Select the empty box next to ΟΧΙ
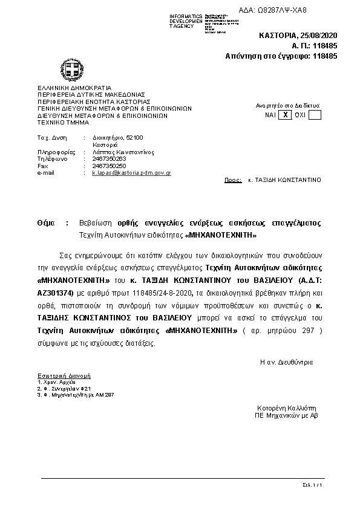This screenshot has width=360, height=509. coord(315,114)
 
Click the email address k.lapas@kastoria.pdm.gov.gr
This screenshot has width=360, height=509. coord(131,172)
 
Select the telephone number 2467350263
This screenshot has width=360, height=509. coord(110,159)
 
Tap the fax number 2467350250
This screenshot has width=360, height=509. coord(110,166)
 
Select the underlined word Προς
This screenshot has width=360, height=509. coord(233,180)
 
